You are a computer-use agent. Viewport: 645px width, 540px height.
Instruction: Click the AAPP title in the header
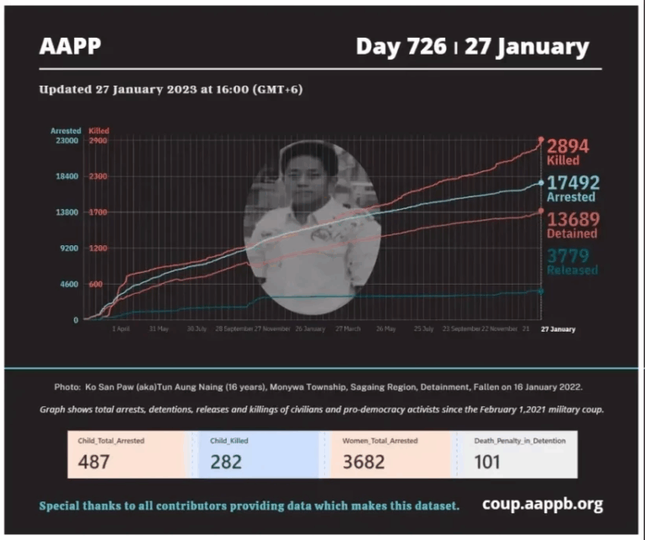tap(70, 46)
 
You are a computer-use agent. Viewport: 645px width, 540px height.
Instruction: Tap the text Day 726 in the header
tap(401, 46)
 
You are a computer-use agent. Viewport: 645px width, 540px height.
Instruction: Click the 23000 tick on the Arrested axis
tap(66, 141)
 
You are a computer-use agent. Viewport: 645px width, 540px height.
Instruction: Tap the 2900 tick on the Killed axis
tap(97, 141)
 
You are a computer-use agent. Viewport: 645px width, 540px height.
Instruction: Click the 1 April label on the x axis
tap(121, 329)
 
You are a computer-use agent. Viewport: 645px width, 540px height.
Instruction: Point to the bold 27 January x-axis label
tap(558, 329)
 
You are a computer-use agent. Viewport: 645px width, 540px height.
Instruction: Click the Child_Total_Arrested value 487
tap(94, 461)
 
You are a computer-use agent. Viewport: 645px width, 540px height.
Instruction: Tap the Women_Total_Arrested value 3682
tap(362, 461)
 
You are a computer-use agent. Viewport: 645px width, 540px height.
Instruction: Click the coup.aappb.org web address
tap(542, 504)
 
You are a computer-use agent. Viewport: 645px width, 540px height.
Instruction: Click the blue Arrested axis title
tap(66, 131)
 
